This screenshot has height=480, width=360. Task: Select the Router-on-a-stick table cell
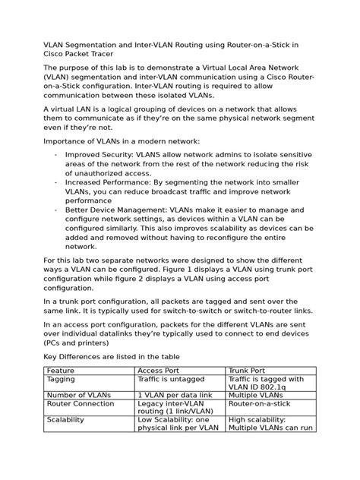click(x=260, y=404)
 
